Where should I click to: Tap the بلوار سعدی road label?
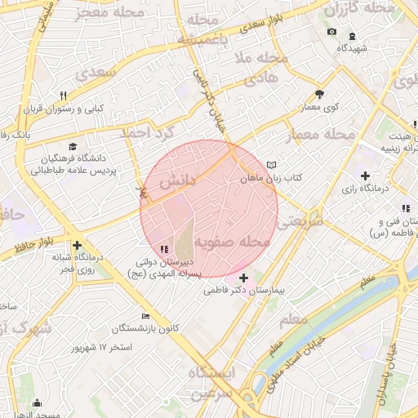coord(267,27)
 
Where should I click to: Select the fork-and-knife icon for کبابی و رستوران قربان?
coord(74,96)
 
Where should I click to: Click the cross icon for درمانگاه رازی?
coord(365,176)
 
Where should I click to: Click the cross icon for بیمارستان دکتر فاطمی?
coord(243,278)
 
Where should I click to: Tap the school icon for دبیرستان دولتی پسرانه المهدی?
coord(164,249)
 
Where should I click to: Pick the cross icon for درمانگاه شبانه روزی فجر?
coord(77,245)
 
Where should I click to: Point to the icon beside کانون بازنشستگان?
coord(145,316)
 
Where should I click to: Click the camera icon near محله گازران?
coord(331,32)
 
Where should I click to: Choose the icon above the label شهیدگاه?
coord(352,36)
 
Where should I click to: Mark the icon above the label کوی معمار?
coord(318,94)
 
